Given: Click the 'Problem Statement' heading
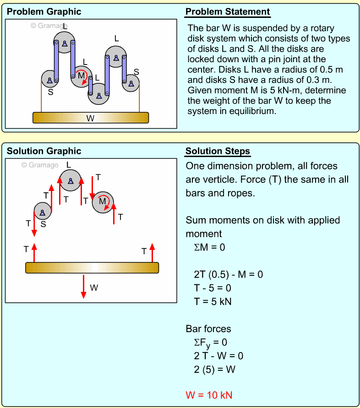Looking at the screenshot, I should (228, 12).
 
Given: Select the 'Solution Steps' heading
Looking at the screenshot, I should (218, 152).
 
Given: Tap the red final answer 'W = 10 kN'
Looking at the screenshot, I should (212, 395).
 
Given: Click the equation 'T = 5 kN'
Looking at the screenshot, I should (213, 301).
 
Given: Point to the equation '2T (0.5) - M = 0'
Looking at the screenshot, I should (228, 274).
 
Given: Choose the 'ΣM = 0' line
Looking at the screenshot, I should (209, 247).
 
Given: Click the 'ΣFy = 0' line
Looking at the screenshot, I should (210, 342).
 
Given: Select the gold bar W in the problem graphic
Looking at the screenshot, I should (91, 118).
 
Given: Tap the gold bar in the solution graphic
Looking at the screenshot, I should (92, 268).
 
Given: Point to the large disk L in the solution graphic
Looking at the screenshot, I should (71, 180).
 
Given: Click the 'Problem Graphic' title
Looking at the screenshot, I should (44, 12).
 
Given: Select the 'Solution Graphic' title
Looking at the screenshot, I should (44, 152).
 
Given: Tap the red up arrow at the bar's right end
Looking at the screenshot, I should (152, 253).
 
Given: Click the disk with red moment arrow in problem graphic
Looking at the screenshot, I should (82, 76).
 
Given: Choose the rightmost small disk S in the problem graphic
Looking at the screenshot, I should (131, 83).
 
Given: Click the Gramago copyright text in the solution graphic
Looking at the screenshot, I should (40, 165).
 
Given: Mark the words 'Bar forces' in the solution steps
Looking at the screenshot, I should (208, 329).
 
